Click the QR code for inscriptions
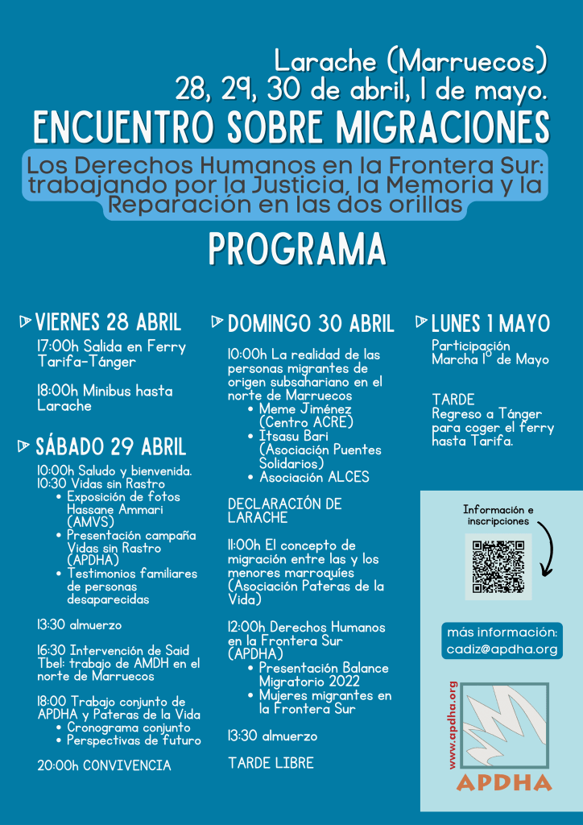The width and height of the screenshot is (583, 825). pos(498,566)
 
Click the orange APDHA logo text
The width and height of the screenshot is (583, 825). pos(504,782)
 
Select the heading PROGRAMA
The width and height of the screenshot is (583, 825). pos(297,250)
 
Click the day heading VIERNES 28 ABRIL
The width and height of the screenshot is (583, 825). pos(108,323)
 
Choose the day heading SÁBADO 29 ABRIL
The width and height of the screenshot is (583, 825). pos(110,447)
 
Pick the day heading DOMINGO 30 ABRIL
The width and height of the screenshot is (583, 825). pos(311,325)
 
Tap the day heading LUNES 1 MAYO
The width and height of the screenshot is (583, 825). pos(490,325)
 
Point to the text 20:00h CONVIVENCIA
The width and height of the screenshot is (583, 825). pos(105,765)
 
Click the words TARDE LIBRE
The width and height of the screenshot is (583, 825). pos(271,762)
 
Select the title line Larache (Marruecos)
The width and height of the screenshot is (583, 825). pos(411,60)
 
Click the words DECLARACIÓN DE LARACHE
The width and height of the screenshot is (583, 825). pos(284,511)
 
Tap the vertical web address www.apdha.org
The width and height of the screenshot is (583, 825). pos(453,724)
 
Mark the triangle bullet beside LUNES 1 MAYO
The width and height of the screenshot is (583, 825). pos(421,322)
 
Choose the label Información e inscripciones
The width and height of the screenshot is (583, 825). pos(498,516)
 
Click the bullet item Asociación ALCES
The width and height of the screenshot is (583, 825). pos(314,477)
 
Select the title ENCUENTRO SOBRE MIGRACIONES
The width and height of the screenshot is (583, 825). pos(291,127)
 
